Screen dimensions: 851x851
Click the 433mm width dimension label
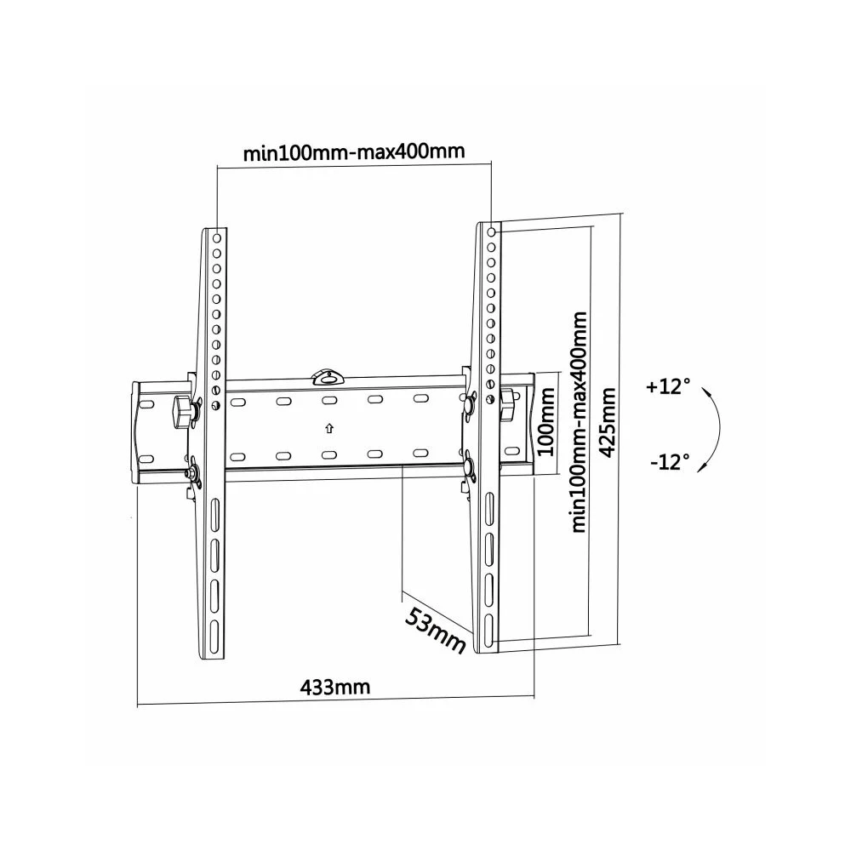(335, 688)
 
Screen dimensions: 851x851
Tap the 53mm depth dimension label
(435, 631)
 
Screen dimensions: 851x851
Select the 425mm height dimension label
(608, 422)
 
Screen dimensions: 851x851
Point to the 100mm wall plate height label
(546, 422)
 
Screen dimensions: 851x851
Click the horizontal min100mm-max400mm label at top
(354, 151)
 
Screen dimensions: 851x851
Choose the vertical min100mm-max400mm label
(579, 422)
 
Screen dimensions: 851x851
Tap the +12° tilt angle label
(668, 387)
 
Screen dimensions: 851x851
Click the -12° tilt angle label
(670, 462)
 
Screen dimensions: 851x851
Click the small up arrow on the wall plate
(328, 429)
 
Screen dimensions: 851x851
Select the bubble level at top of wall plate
(328, 376)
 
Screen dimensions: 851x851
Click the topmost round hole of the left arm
(216, 237)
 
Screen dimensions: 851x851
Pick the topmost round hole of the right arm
(491, 231)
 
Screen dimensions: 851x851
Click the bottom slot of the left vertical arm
(215, 631)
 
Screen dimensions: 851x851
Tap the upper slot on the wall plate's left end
(146, 404)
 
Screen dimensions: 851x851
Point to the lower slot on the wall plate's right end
(512, 451)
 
